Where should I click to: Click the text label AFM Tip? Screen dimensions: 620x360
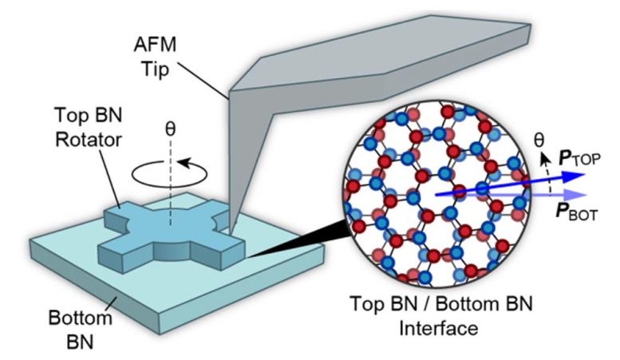(x=156, y=57)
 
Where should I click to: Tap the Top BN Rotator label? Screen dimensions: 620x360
(x=89, y=127)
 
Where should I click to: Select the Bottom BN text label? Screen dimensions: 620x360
(x=81, y=330)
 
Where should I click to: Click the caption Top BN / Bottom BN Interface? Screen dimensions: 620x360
(x=441, y=315)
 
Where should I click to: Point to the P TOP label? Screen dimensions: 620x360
(x=579, y=159)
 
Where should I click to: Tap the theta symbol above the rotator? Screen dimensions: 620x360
(x=170, y=129)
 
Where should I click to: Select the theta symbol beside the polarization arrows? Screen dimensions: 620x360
(x=539, y=139)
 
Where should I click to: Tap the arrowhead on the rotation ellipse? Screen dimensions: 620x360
(x=185, y=163)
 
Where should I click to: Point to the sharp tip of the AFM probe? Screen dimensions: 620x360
(x=231, y=234)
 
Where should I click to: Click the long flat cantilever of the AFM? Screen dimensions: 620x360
(x=380, y=59)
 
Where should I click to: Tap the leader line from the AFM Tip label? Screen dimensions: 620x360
(x=203, y=80)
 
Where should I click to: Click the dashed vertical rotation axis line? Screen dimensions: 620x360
(x=171, y=182)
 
